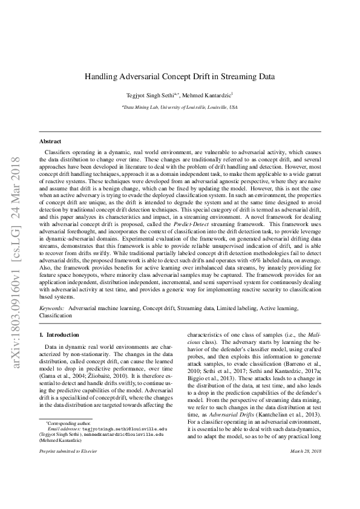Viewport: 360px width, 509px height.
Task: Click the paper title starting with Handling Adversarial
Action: (x=179, y=77)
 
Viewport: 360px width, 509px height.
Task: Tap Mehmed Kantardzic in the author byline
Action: (x=206, y=95)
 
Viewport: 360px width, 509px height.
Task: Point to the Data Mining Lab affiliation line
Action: (x=179, y=106)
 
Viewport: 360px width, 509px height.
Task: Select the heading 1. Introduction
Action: (x=59, y=334)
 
